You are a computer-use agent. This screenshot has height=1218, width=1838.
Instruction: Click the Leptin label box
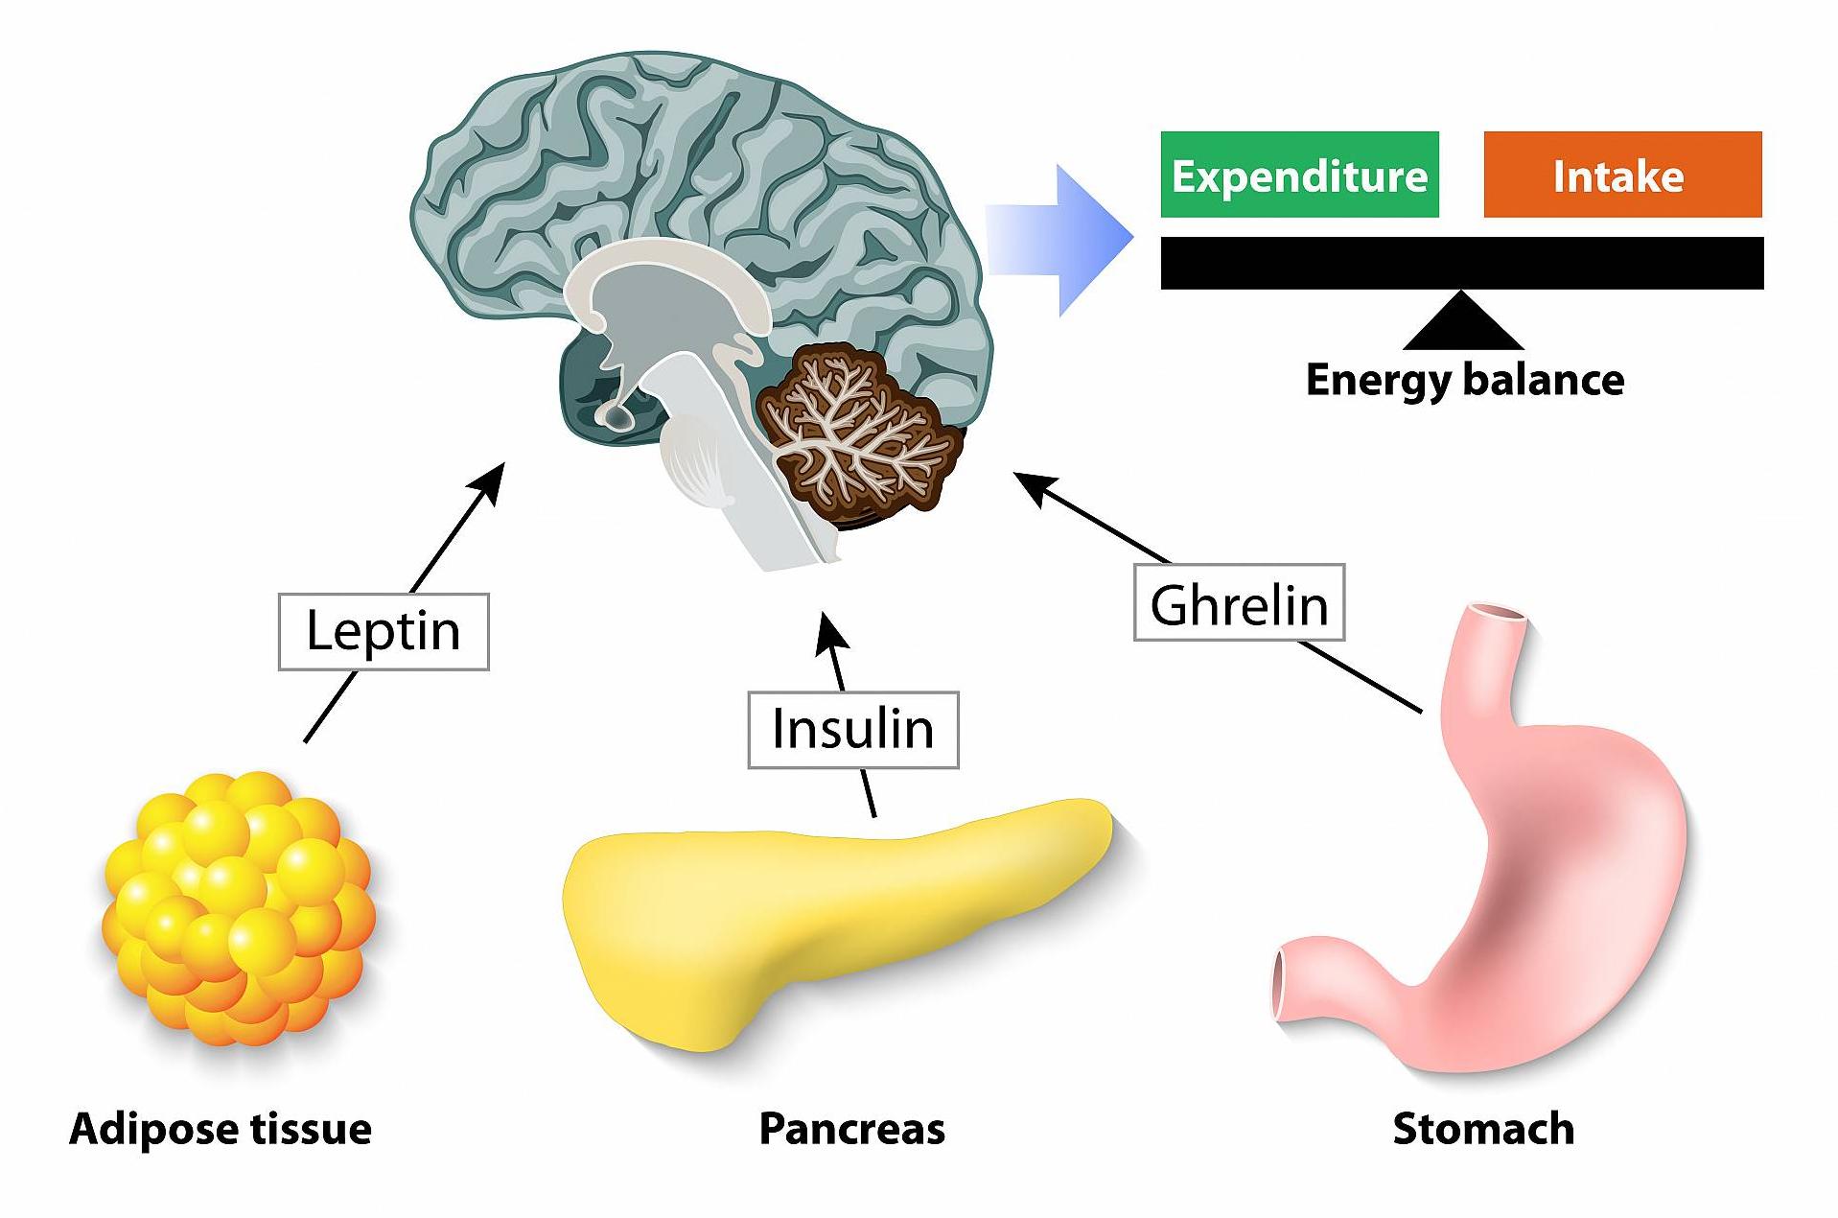384,631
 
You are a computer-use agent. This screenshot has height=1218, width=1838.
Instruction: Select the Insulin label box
853,729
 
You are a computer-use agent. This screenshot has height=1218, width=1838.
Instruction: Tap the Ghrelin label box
1240,602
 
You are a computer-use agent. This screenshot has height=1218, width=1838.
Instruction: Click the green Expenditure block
1300,175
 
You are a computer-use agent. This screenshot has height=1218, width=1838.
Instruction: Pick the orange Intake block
1622,175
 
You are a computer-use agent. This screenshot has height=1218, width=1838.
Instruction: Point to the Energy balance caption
1465,380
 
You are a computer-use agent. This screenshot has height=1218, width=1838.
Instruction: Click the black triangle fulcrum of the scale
1462,322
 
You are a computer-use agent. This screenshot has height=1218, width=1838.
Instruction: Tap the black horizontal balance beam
1462,263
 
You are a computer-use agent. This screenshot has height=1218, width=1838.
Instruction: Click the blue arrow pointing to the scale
1059,240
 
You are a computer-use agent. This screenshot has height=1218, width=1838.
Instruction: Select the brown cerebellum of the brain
858,434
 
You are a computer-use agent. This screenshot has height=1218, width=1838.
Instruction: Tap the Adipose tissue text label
221,1129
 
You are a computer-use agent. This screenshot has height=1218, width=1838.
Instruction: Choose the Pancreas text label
851,1129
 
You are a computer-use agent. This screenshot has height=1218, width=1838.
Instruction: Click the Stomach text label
1483,1129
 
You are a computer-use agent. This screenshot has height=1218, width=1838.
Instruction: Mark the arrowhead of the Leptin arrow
491,479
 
